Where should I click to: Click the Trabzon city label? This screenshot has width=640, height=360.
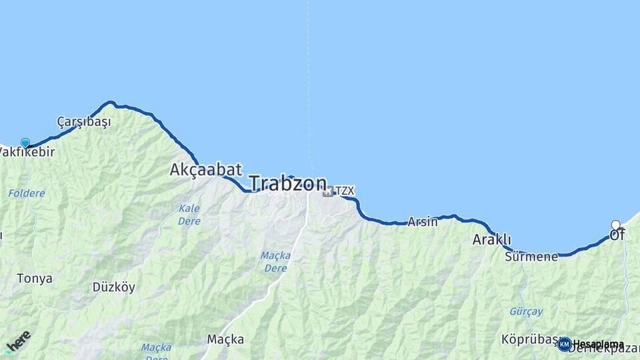[288, 183]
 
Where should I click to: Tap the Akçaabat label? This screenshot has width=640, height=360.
[205, 169]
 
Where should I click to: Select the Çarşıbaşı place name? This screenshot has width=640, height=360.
[83, 122]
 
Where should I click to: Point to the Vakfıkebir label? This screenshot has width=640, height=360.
[27, 152]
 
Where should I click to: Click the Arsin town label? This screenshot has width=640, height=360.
[423, 222]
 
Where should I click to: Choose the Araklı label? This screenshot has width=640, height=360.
[492, 239]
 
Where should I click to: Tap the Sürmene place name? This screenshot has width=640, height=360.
[531, 257]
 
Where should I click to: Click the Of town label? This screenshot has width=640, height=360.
[617, 235]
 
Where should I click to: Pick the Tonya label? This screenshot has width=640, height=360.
[35, 279]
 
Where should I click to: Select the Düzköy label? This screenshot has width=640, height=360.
[113, 287]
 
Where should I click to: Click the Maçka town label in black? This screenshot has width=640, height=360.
[225, 339]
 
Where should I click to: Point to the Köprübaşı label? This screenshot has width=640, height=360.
[529, 339]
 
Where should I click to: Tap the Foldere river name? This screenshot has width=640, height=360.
[27, 193]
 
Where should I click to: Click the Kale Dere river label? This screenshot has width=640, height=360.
[189, 215]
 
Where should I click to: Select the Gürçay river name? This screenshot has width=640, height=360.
[526, 311]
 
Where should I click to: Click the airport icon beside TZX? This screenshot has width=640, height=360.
[327, 191]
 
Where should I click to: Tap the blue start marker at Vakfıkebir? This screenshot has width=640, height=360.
[25, 143]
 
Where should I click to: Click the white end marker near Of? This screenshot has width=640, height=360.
[616, 225]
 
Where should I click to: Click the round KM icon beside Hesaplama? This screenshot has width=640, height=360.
[565, 344]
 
